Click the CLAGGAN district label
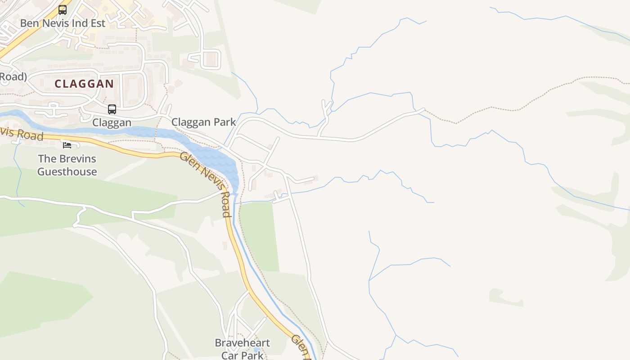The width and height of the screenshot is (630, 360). (84, 84)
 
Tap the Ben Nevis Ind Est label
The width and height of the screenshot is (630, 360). (63, 23)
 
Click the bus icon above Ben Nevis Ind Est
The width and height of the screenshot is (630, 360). (63, 9)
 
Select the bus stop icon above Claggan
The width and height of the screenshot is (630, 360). (112, 109)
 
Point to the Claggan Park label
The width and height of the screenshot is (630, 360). (203, 122)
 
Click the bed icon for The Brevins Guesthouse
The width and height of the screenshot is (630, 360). (67, 145)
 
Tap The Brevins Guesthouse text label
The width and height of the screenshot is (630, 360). (67, 165)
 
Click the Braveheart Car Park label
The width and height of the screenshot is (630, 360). (242, 349)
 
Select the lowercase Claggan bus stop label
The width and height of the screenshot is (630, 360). (112, 122)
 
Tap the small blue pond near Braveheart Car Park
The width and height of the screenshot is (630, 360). (256, 350)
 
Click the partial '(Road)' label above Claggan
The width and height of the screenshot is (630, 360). (13, 76)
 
